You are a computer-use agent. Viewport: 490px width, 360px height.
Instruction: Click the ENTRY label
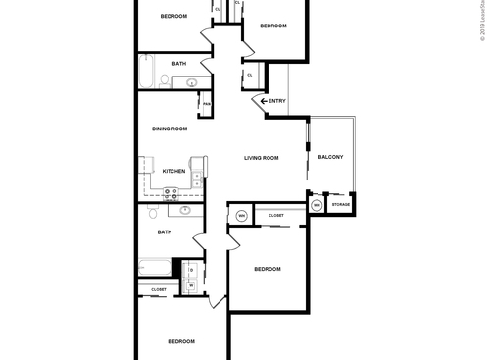[277, 101]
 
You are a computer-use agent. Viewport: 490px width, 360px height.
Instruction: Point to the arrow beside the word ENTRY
[263, 101]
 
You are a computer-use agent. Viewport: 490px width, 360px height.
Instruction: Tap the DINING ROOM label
[170, 129]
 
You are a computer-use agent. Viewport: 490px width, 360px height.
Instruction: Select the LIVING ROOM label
[262, 158]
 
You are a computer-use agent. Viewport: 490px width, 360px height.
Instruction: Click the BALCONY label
[330, 158]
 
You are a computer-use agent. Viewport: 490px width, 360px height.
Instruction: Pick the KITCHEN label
[172, 171]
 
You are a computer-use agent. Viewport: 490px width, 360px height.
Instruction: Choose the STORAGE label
[340, 205]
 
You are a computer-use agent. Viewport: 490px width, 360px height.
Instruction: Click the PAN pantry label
[207, 103]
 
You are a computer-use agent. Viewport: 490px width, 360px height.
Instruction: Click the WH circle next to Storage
[318, 205]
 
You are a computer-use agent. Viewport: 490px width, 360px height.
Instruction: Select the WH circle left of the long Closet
[241, 215]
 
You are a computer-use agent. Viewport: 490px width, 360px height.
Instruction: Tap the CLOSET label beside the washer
[158, 290]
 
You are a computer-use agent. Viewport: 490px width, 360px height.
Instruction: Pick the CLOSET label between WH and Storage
[276, 215]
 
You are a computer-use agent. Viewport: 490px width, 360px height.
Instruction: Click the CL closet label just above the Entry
[250, 75]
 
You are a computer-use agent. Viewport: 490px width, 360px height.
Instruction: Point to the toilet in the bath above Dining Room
[191, 83]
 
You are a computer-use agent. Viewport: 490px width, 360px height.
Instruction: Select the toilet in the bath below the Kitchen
[154, 213]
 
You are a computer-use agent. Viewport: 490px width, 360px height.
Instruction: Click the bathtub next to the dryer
[155, 268]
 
